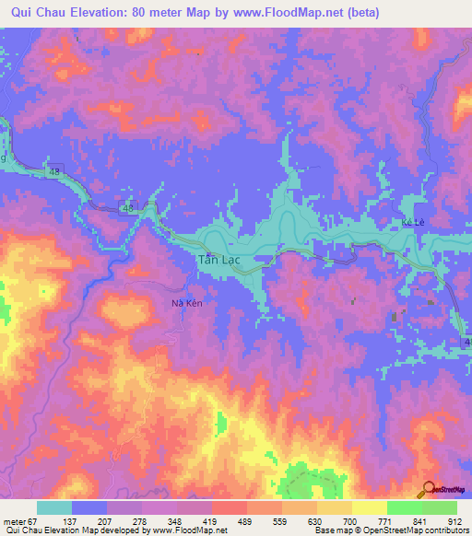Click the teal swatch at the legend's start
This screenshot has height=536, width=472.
[54, 507]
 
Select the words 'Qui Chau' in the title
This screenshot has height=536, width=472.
[38, 12]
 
